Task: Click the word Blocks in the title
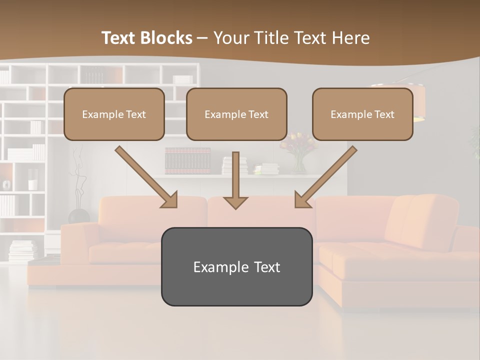click(x=167, y=38)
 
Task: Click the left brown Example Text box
click(x=114, y=114)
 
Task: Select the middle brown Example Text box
click(x=236, y=114)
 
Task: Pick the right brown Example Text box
click(x=362, y=114)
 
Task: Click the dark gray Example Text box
click(x=236, y=267)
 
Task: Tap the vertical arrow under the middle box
click(x=235, y=180)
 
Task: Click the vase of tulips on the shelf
click(x=298, y=152)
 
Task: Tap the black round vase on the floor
click(x=78, y=216)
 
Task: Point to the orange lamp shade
click(x=400, y=102)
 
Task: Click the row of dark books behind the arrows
click(x=187, y=160)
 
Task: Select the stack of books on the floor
click(x=23, y=250)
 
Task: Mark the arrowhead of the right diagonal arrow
click(x=302, y=200)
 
